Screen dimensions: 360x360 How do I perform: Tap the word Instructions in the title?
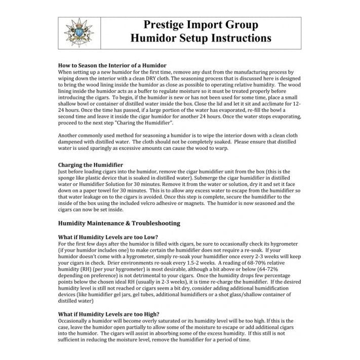241,38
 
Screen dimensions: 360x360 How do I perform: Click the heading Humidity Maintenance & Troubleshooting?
119,223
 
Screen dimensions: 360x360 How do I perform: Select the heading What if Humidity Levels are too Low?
108,237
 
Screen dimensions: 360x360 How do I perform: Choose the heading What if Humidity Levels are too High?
109,314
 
